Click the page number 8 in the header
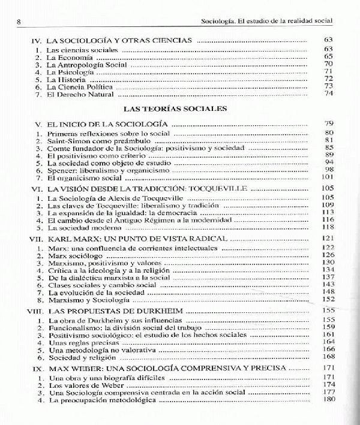20,22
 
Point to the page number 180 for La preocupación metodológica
327,399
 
